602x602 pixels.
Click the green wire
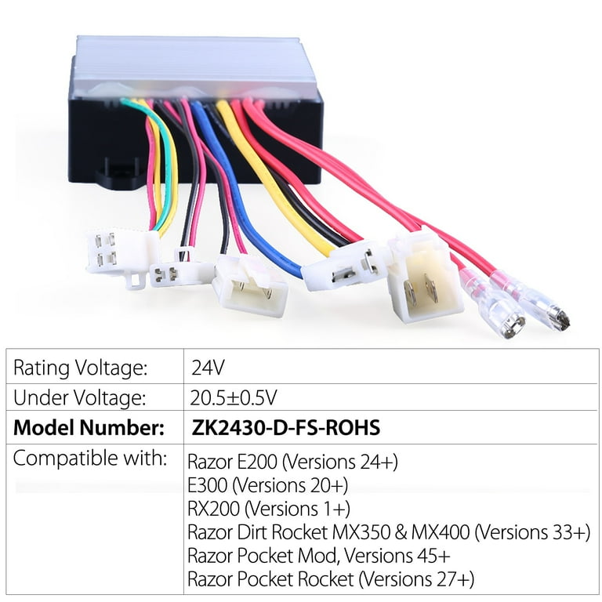[158, 161]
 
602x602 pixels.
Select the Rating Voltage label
[81, 368]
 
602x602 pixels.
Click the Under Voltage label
[80, 397]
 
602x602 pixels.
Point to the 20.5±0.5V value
[233, 397]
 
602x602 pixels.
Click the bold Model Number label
[89, 428]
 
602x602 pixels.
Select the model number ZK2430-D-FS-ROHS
[285, 427]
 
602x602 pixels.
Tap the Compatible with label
[90, 458]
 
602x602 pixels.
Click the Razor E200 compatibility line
[292, 462]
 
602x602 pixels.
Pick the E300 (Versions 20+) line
[267, 485]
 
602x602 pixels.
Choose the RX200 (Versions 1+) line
[269, 509]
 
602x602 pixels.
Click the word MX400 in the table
[441, 532]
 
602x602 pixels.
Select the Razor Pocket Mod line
[319, 556]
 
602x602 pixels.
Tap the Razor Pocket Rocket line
[331, 579]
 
